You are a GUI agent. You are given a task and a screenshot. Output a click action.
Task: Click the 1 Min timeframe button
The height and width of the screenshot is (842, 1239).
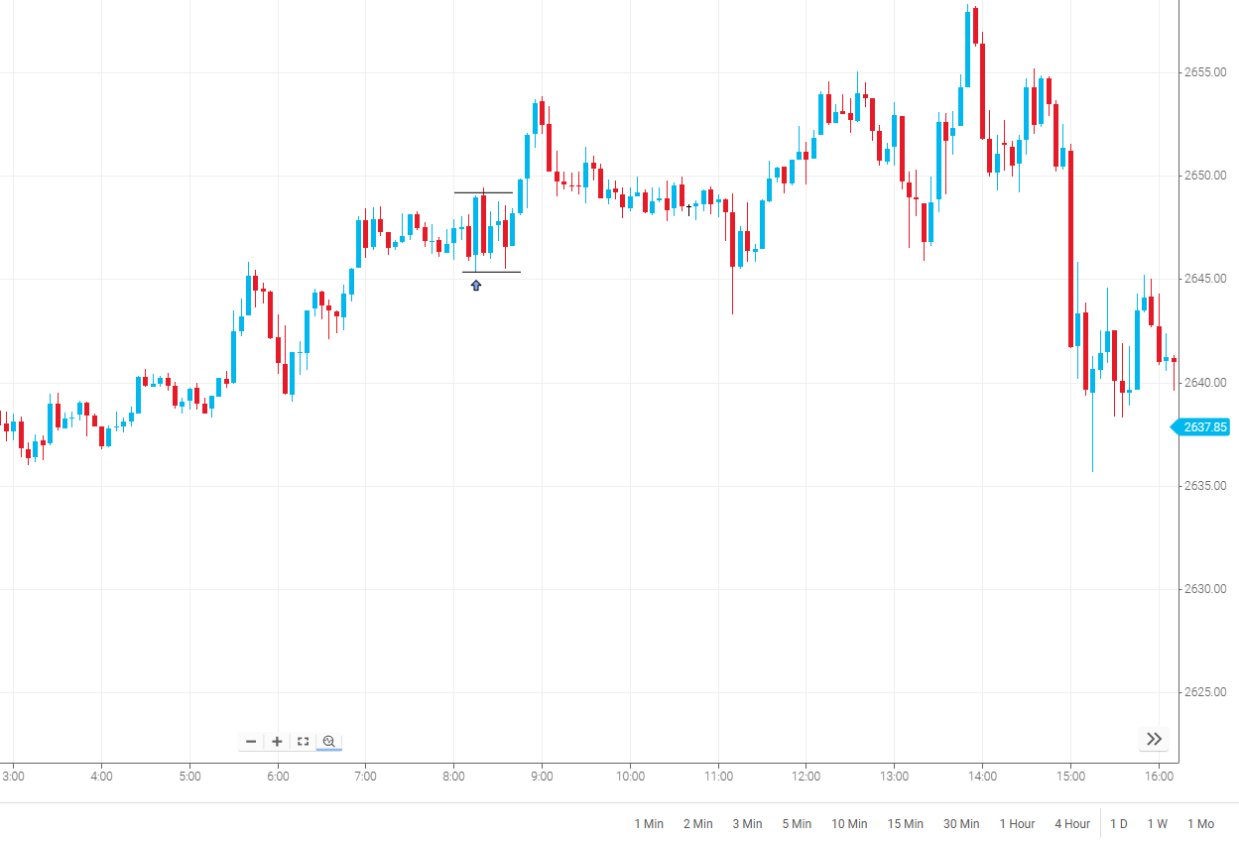649,824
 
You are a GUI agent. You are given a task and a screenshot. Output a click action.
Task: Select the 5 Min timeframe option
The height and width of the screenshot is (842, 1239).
798,824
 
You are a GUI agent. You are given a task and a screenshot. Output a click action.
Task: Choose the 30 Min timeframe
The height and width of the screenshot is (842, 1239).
961,824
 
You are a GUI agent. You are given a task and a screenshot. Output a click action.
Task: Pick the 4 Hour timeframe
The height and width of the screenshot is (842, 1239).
1072,824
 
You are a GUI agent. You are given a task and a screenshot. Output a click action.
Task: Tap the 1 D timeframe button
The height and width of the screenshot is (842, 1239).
1119,824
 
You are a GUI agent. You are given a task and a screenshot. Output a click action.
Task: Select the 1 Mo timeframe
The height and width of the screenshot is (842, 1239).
1200,824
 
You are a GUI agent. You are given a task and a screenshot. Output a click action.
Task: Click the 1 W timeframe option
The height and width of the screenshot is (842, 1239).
1158,824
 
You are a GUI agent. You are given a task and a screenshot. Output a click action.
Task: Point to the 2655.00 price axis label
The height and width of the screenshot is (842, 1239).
1205,72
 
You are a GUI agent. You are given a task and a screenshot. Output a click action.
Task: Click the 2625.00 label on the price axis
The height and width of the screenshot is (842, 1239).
1205,692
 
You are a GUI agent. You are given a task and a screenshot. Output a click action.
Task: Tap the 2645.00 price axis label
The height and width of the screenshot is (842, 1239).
1205,279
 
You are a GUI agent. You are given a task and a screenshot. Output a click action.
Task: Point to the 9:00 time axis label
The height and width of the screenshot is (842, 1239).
542,776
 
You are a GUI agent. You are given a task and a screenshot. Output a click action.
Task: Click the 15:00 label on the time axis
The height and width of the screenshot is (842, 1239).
1069,776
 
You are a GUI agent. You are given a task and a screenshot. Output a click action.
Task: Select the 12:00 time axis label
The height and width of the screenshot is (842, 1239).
805,776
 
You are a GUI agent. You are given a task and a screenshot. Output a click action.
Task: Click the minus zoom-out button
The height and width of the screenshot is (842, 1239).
251,741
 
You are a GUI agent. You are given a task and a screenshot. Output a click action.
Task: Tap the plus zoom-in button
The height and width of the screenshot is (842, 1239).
277,741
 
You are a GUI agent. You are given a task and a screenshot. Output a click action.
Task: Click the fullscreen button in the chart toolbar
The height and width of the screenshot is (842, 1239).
304,741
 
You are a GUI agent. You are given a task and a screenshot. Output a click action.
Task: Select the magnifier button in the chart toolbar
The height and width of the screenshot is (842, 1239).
329,741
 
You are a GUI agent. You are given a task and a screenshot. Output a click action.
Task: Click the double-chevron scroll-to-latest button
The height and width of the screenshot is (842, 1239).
1154,739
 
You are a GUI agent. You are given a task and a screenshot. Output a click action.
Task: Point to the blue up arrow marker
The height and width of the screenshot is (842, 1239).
476,286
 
